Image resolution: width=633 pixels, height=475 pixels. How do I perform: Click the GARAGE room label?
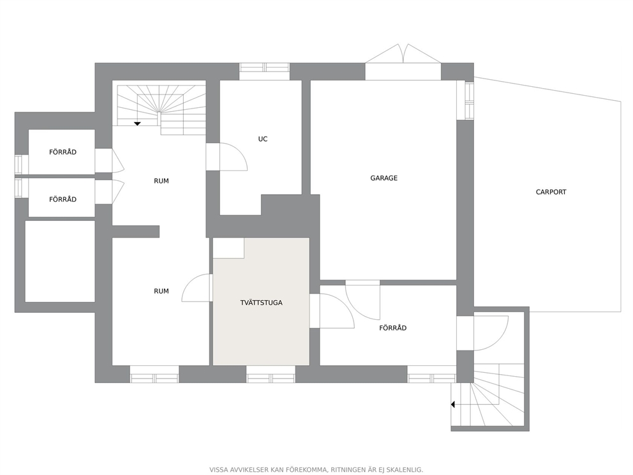pyautogui.click(x=384, y=177)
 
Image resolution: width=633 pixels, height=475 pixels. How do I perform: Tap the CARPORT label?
pyautogui.click(x=551, y=192)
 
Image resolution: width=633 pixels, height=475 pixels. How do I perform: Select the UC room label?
pyautogui.click(x=262, y=139)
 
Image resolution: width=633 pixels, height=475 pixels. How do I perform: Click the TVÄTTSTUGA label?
pyautogui.click(x=261, y=303)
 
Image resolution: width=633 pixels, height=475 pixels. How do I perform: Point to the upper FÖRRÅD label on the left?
pyautogui.click(x=63, y=152)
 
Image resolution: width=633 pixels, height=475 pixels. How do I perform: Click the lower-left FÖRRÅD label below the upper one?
pyautogui.click(x=63, y=199)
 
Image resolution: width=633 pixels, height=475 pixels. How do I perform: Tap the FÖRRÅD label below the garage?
pyautogui.click(x=392, y=328)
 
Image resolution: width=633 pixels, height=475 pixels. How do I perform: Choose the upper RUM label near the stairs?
pyautogui.click(x=161, y=181)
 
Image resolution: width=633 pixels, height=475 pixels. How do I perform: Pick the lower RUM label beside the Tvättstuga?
pyautogui.click(x=161, y=291)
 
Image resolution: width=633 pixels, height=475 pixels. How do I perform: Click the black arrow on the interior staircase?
pyautogui.click(x=137, y=124)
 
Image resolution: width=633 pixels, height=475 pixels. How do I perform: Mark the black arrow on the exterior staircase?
pyautogui.click(x=453, y=404)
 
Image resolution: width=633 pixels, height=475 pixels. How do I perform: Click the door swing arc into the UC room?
pyautogui.click(x=241, y=153)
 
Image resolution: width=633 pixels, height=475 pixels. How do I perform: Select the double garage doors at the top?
pyautogui.click(x=403, y=54)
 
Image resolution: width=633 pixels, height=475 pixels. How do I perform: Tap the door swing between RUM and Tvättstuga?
pyautogui.click(x=190, y=283)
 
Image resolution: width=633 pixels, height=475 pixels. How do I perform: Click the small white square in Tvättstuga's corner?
pyautogui.click(x=228, y=248)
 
